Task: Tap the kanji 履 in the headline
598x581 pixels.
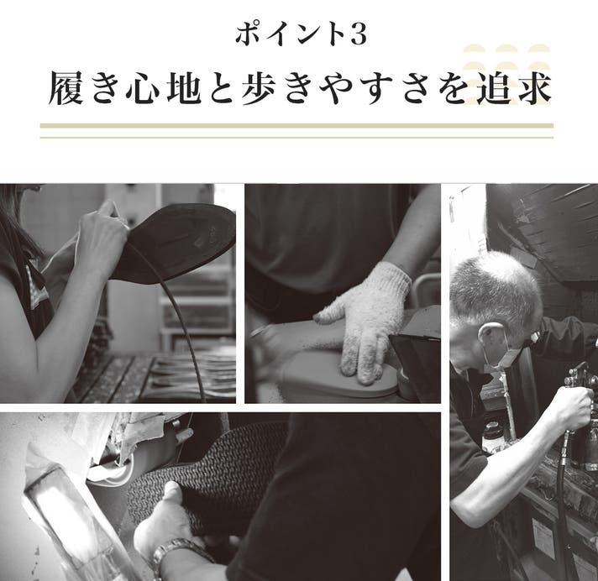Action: click(x=66, y=88)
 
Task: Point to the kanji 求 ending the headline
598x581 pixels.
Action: click(x=533, y=88)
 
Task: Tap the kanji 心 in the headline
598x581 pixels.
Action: click(x=144, y=89)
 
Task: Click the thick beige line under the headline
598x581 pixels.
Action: click(x=296, y=125)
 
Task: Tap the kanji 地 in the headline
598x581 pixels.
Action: click(x=184, y=88)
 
